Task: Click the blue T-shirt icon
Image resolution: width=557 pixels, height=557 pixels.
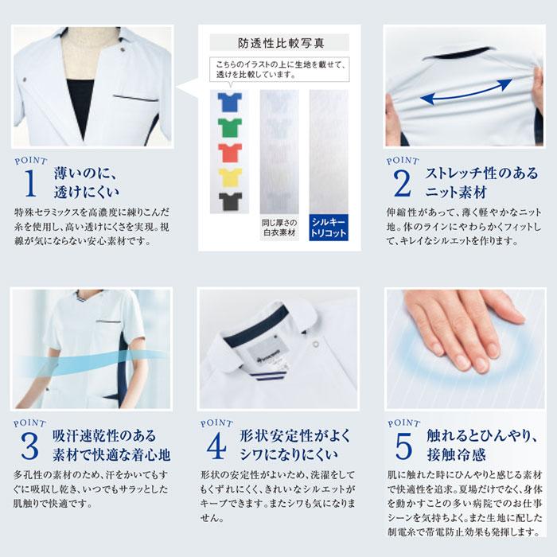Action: (x=231, y=101)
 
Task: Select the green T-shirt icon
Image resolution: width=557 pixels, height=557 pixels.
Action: (x=231, y=127)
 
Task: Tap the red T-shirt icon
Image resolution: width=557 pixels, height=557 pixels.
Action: (x=231, y=151)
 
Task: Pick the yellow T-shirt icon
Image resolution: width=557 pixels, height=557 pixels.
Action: (x=231, y=176)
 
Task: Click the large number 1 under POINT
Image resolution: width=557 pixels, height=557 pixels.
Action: (x=30, y=183)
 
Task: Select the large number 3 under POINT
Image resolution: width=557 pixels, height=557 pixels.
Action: (x=30, y=447)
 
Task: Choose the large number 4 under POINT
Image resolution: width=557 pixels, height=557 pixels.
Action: (x=216, y=447)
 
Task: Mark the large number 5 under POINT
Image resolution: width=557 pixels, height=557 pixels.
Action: (x=402, y=447)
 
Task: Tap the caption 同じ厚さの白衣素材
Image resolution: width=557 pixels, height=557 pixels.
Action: (x=279, y=227)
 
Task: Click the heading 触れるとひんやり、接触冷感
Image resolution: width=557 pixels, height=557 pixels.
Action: (x=471, y=446)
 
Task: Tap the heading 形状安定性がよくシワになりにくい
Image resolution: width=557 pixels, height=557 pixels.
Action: (x=285, y=446)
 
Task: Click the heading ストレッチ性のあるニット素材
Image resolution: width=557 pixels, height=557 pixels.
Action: (x=471, y=182)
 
